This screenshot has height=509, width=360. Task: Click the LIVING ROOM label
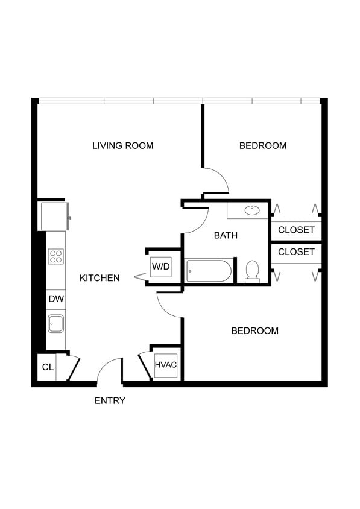pyautogui.click(x=122, y=145)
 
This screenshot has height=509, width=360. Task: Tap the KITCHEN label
pyautogui.click(x=99, y=278)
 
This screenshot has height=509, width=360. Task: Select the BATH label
pyautogui.click(x=226, y=235)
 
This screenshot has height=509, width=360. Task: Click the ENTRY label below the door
pyautogui.click(x=110, y=400)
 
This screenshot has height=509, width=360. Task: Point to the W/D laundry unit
pyautogui.click(x=160, y=266)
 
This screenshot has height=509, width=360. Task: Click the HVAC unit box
pyautogui.click(x=165, y=365)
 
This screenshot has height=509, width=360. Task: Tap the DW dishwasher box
pyautogui.click(x=56, y=299)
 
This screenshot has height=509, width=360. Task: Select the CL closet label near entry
pyautogui.click(x=48, y=367)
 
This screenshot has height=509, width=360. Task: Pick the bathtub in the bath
pyautogui.click(x=209, y=271)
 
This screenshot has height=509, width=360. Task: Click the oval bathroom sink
pyautogui.click(x=252, y=210)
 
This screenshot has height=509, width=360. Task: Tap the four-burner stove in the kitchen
pyautogui.click(x=56, y=256)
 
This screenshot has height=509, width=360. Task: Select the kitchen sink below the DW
pyautogui.click(x=56, y=324)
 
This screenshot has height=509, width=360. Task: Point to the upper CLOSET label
pyautogui.click(x=296, y=230)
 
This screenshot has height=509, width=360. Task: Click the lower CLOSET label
pyautogui.click(x=296, y=251)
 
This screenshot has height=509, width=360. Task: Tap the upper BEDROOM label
pyautogui.click(x=262, y=145)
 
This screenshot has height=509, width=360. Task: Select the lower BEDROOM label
pyautogui.click(x=255, y=330)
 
